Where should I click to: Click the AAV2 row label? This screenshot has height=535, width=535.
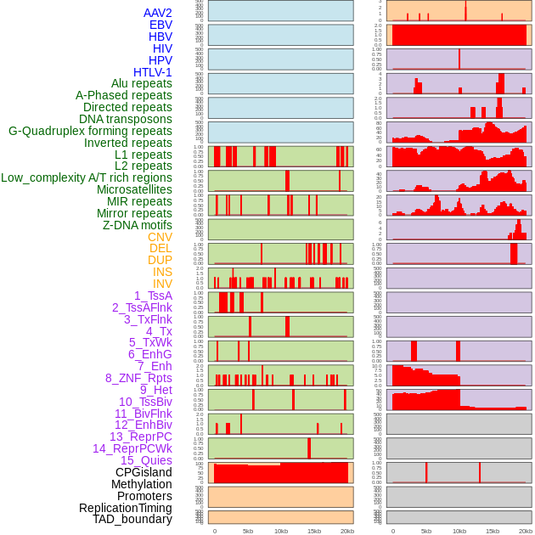[157, 13]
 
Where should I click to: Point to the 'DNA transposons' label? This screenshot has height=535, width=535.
[125, 119]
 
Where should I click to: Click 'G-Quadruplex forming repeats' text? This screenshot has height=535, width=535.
[90, 131]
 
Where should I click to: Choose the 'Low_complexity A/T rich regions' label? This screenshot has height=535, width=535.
[86, 177]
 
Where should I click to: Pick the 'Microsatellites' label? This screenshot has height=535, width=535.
[134, 189]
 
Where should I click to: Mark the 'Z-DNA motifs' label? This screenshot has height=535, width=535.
[137, 225]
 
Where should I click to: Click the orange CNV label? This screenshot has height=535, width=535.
[160, 237]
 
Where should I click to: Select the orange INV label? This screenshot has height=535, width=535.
[161, 284]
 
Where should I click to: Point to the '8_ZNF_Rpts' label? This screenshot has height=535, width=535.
[138, 378]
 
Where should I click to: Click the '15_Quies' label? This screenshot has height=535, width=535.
[146, 460]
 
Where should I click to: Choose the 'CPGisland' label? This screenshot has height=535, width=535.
[144, 472]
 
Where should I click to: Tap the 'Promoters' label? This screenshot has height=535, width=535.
[144, 496]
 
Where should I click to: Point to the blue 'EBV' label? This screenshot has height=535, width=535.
[160, 25]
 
